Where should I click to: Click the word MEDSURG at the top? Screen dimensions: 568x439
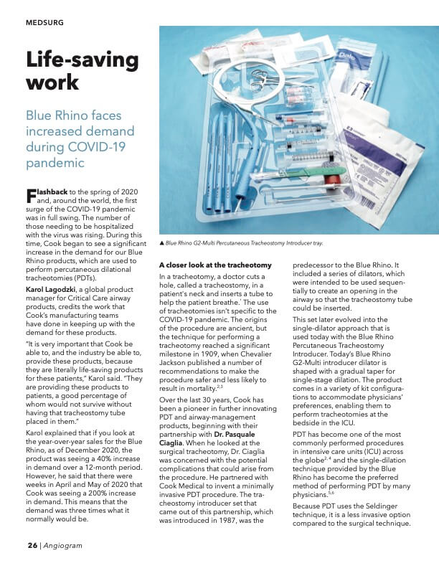[44, 23]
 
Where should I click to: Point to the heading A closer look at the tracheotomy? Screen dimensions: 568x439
[214, 265]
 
